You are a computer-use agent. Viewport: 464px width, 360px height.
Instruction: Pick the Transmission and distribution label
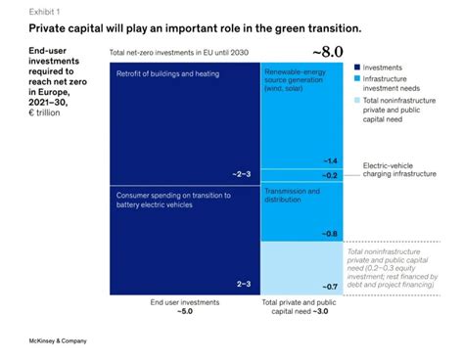(x=295, y=196)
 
